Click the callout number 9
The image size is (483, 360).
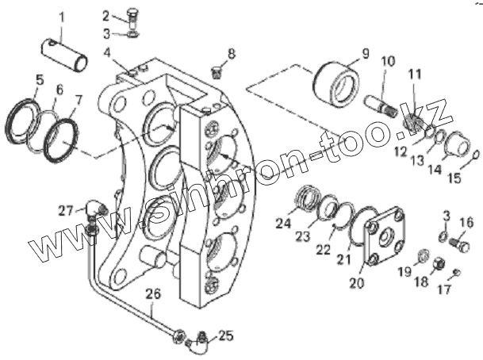(x=366, y=54)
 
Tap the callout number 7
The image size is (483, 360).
(x=78, y=101)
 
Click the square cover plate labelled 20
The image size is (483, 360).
(x=384, y=236)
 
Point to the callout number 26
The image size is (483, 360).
(x=153, y=294)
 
